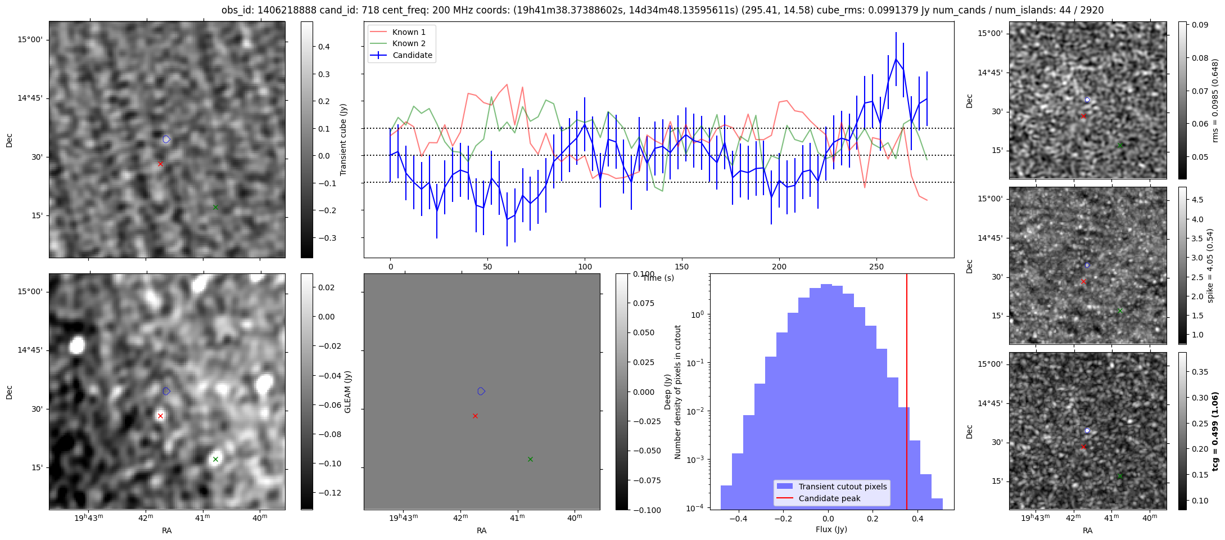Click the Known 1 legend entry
(401, 32)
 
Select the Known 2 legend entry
(401, 43)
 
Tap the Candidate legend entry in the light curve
(401, 55)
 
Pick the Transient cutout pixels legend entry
(831, 487)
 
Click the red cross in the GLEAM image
(160, 416)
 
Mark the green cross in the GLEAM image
(215, 459)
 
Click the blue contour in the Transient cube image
(166, 139)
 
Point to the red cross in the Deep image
(475, 416)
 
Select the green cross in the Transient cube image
(215, 207)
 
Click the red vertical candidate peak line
(907, 391)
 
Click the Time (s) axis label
(658, 278)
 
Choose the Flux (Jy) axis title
(831, 529)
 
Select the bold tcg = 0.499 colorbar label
(1215, 431)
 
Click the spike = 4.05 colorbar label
(1210, 265)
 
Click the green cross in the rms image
(1119, 145)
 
